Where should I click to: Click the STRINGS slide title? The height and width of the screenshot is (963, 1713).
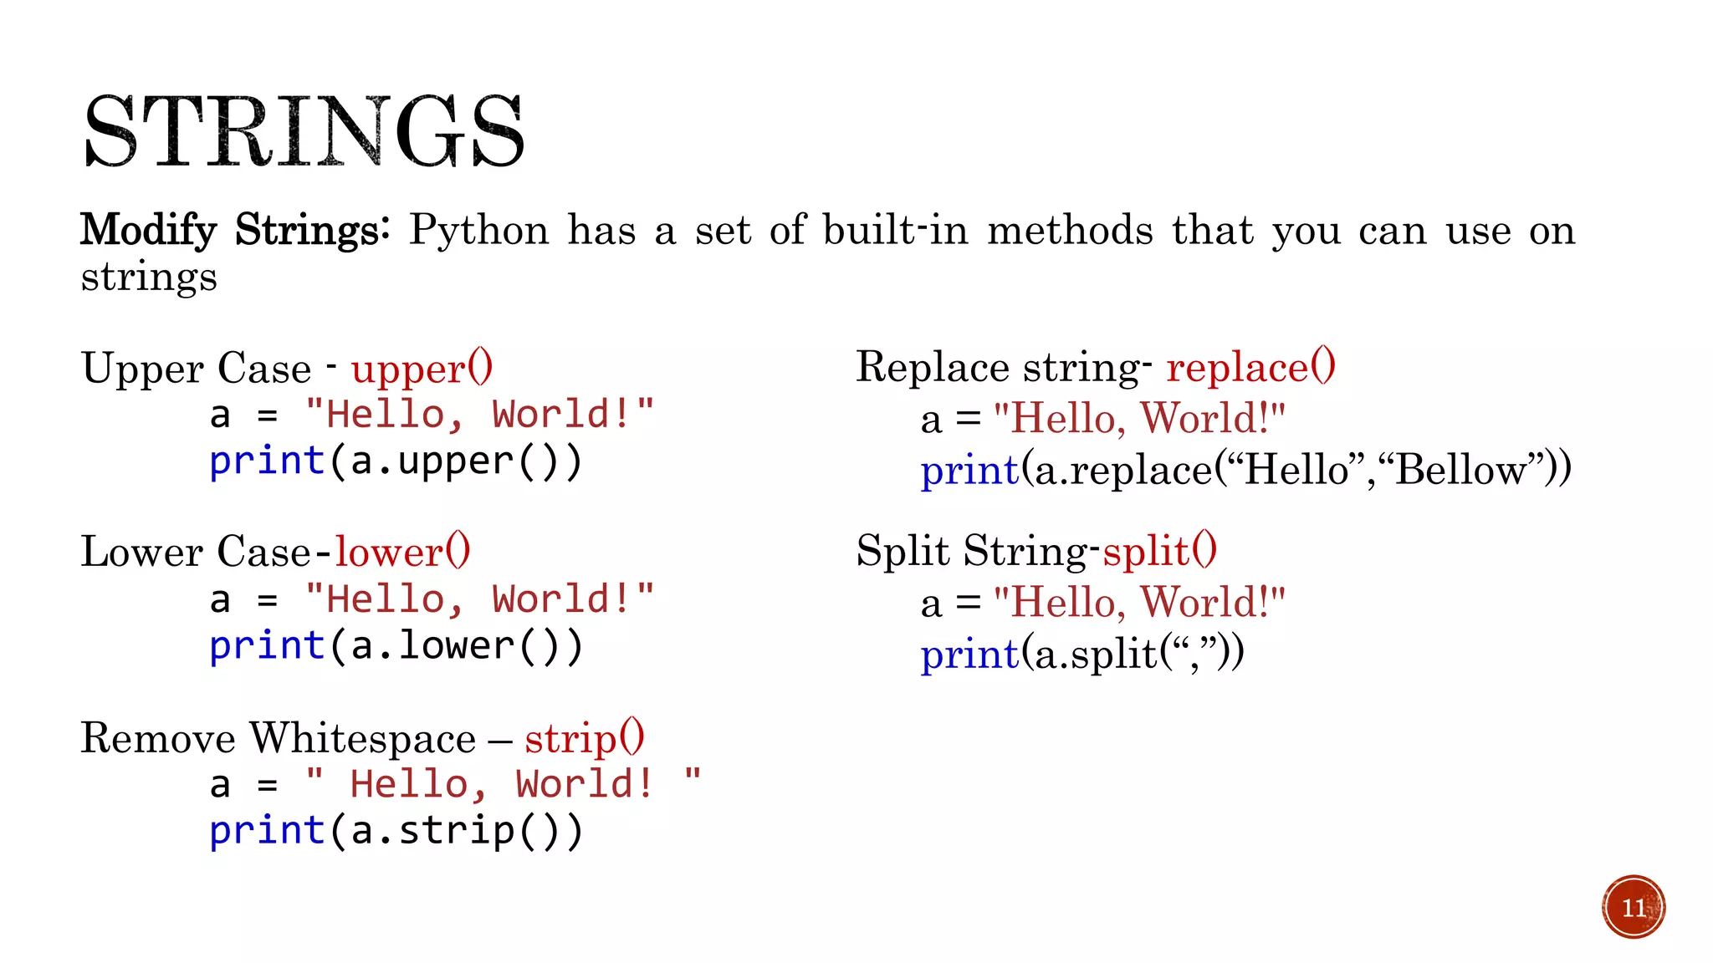tap(304, 132)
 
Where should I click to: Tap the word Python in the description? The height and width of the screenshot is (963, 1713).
tap(478, 230)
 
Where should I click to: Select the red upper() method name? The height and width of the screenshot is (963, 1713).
tap(422, 369)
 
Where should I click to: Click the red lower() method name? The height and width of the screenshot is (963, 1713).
tap(402, 552)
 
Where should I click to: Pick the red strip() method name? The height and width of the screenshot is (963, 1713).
tap(584, 737)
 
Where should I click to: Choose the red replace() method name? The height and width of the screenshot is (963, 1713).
tap(1250, 367)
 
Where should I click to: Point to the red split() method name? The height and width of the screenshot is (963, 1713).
tap(1159, 551)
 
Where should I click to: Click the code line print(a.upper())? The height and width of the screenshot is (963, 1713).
tap(396, 461)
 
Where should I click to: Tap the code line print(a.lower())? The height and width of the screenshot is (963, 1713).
tap(396, 646)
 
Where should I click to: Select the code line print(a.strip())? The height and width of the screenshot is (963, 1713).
tap(396, 831)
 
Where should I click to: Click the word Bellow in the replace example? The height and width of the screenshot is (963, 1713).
tap(1460, 470)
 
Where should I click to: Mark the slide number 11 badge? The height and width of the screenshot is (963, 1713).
tap(1634, 907)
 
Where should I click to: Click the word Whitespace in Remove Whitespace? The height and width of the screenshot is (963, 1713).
tap(362, 738)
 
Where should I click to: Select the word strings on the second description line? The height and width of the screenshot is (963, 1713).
tap(149, 277)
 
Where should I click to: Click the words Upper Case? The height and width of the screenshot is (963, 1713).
tap(196, 369)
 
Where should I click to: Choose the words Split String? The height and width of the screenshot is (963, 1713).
tap(972, 551)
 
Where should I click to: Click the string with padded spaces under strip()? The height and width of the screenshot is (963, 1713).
tap(503, 784)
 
